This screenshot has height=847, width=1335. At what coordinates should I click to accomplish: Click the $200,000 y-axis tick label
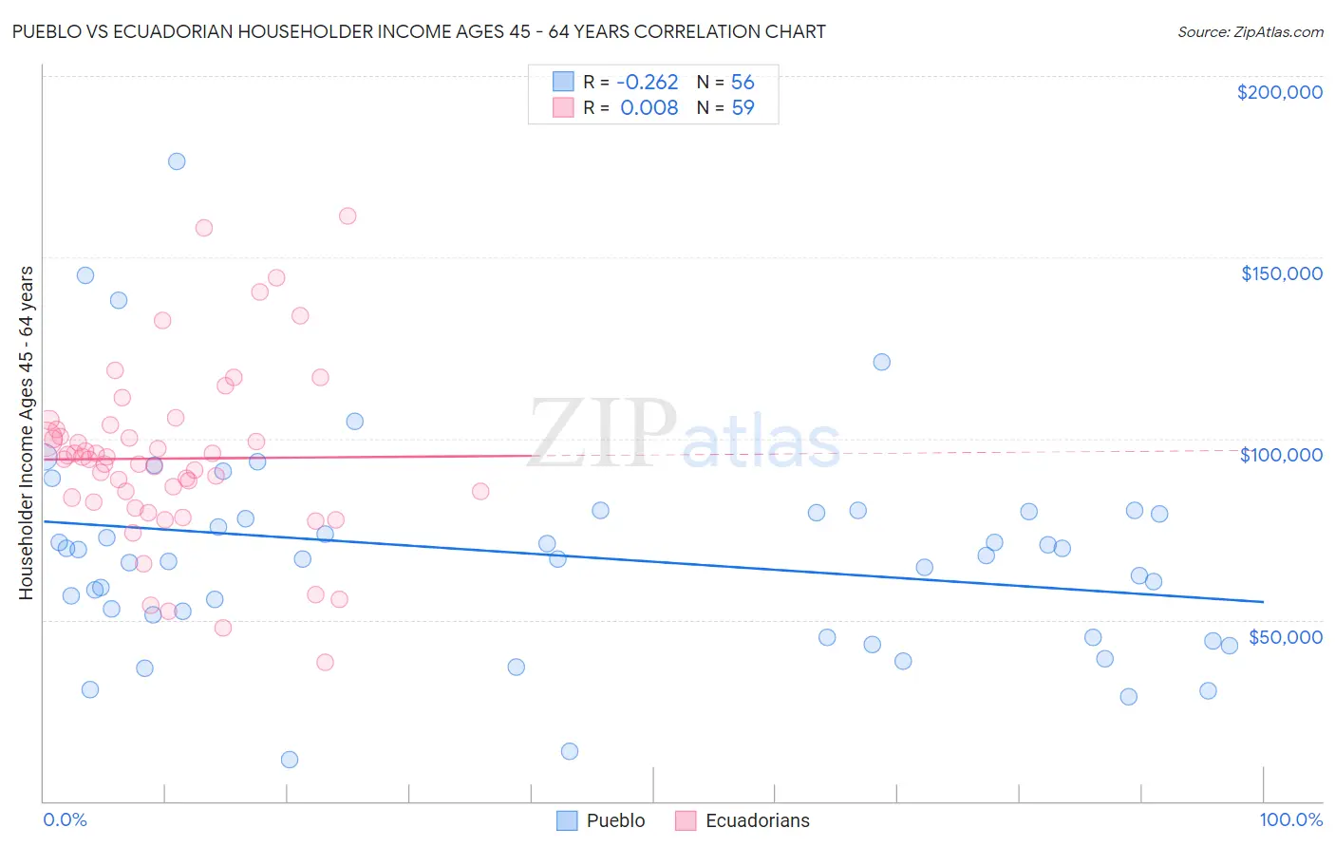[x=1279, y=92]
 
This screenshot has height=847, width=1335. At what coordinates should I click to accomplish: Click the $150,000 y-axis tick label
[x=1281, y=273]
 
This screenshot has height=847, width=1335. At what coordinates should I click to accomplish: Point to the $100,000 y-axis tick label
[x=1281, y=455]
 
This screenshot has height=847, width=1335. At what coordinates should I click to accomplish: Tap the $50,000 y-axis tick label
[x=1285, y=637]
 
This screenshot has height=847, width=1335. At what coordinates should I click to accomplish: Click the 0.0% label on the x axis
[x=65, y=820]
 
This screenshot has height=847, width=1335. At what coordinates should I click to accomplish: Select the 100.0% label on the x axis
[x=1290, y=820]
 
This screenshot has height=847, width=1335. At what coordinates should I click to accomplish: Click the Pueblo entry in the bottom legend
[x=615, y=820]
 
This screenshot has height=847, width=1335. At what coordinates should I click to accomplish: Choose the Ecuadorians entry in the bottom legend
[x=757, y=820]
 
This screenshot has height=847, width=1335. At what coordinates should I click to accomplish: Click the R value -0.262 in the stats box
[x=647, y=83]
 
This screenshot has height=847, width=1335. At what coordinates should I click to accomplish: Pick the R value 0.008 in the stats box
[x=649, y=108]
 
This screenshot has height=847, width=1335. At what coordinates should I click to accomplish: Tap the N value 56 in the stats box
[x=743, y=83]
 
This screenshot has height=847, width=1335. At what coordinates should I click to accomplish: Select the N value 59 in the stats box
[x=743, y=108]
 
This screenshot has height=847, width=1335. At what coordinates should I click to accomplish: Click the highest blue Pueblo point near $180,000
[x=177, y=161]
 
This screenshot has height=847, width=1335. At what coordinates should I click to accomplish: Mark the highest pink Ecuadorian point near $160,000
[x=348, y=216]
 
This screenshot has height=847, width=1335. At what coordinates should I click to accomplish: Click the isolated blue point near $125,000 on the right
[x=882, y=362]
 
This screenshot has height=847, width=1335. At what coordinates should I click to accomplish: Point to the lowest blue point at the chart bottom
[x=290, y=760]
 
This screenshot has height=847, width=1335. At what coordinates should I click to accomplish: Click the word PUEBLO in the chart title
[x=47, y=31]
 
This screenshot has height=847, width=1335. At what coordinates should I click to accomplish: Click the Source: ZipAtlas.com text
[x=1250, y=32]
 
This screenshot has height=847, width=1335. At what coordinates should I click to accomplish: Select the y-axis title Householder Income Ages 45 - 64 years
[x=26, y=433]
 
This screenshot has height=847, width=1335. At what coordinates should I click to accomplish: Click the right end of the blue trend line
[x=1263, y=601]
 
